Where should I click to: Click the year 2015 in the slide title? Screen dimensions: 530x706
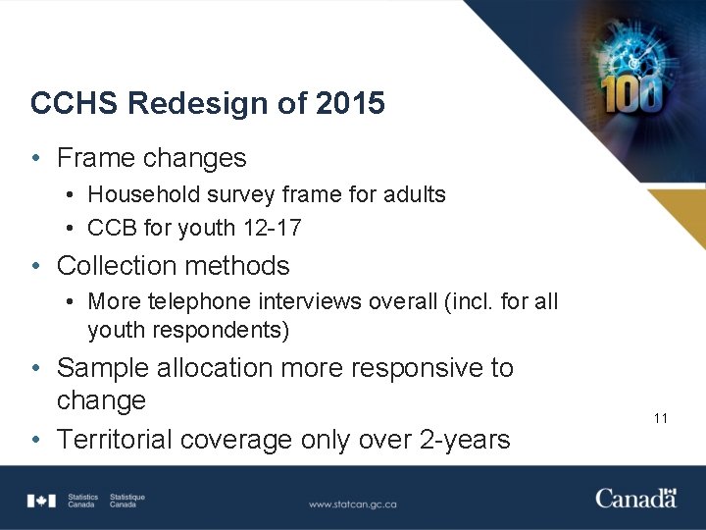tap(350, 104)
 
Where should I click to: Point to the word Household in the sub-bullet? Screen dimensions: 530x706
tap(141, 194)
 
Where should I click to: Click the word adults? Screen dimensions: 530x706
tap(416, 194)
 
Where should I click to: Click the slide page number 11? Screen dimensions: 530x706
tap(660, 418)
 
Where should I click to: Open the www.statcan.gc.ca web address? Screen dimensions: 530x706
tap(352, 504)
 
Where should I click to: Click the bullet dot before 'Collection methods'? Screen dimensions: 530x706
tap(35, 266)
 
